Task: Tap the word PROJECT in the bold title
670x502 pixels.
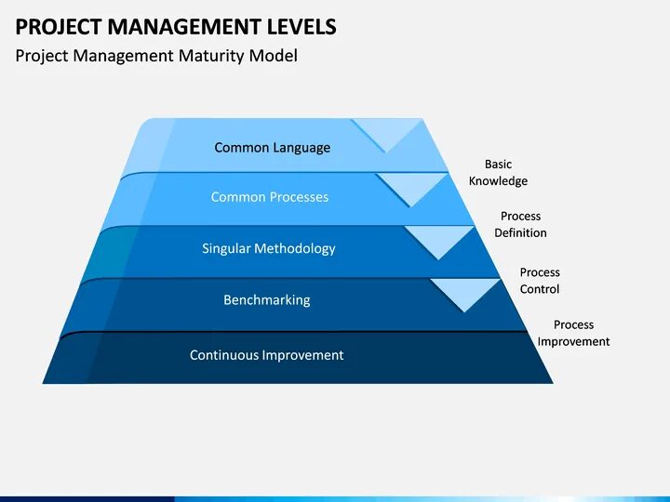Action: pyautogui.click(x=53, y=26)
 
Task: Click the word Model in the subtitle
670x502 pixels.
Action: pyautogui.click(x=273, y=56)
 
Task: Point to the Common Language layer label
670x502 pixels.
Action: pyautogui.click(x=272, y=147)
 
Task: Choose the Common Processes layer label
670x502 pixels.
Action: pyautogui.click(x=270, y=197)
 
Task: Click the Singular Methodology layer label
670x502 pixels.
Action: pyautogui.click(x=269, y=248)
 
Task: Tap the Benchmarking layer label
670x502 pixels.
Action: pyautogui.click(x=267, y=300)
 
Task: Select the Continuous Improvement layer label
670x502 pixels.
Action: pyautogui.click(x=266, y=355)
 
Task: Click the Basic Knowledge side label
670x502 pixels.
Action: pyautogui.click(x=498, y=173)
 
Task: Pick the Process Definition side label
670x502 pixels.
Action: pyautogui.click(x=520, y=225)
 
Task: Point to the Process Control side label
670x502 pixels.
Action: pyautogui.click(x=540, y=281)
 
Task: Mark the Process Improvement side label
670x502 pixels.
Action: pyautogui.click(x=573, y=333)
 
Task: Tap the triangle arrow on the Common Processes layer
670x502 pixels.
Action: pyautogui.click(x=412, y=188)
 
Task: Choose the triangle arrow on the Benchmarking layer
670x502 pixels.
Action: pyautogui.click(x=465, y=293)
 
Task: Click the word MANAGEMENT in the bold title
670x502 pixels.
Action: pyautogui.click(x=175, y=26)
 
